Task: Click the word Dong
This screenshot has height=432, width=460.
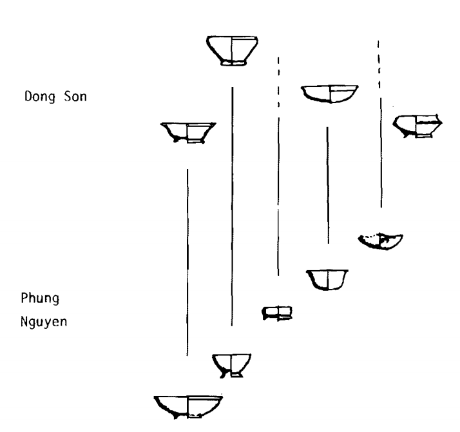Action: (x=34, y=99)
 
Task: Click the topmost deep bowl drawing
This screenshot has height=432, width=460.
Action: (x=231, y=49)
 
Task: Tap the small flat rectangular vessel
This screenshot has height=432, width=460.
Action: (x=277, y=313)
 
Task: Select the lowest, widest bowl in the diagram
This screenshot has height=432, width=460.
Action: (x=188, y=406)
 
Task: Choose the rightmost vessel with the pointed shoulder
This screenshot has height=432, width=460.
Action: (x=417, y=125)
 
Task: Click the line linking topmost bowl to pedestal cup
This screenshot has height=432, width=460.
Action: (x=231, y=206)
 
